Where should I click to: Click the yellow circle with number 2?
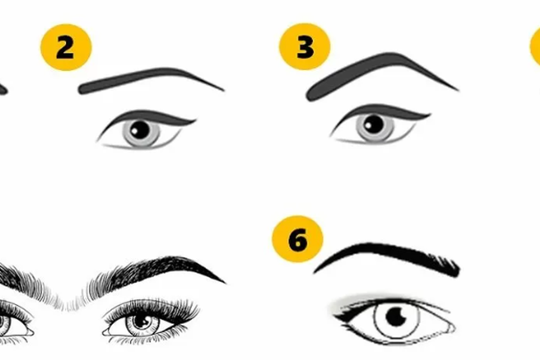click(x=66, y=47)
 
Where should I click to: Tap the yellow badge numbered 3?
click(x=305, y=46)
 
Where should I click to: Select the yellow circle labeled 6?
click(x=297, y=239)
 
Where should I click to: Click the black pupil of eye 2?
click(x=140, y=130)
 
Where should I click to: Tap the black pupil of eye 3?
click(x=374, y=124)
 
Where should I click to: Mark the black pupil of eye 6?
click(x=396, y=316)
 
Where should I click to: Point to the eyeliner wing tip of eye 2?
click(x=196, y=120)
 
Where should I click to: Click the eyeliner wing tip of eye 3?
click(x=430, y=114)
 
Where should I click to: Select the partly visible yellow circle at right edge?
click(x=536, y=46)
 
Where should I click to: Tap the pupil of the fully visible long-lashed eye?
click(x=141, y=321)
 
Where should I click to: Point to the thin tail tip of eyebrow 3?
click(x=459, y=91)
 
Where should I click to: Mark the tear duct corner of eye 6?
click(x=452, y=328)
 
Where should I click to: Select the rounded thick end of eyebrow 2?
click(x=82, y=88)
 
